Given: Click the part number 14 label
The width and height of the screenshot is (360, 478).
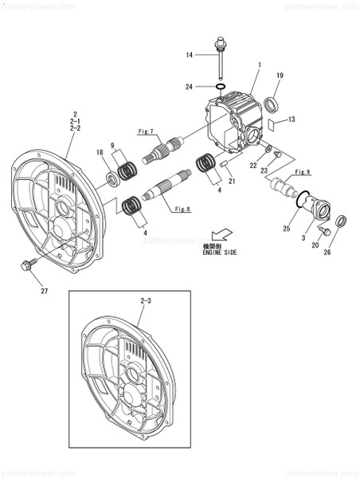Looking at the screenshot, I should tap(189, 55).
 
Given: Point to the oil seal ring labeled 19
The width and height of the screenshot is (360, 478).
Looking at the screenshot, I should tap(272, 105).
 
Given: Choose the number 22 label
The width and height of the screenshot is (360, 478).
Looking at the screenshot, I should tap(253, 165).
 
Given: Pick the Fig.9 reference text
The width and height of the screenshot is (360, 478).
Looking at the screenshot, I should tap(303, 172).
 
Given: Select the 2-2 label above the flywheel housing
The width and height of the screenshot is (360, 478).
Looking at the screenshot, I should tap(76, 127).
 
